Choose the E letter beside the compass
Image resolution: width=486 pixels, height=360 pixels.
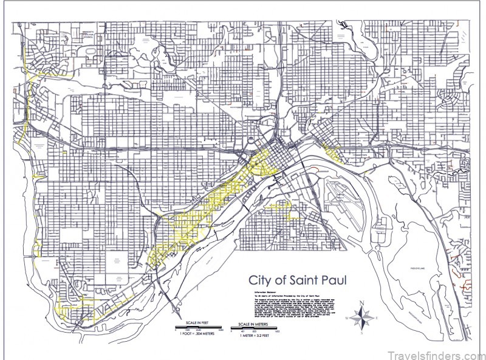tap(375, 317)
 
